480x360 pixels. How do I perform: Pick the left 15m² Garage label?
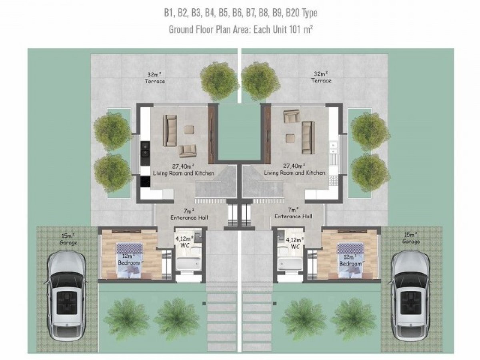click(68, 239)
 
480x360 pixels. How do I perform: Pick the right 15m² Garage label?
click(411, 238)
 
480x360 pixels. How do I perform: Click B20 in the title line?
click(293, 13)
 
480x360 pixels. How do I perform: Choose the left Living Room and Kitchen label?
click(184, 173)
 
